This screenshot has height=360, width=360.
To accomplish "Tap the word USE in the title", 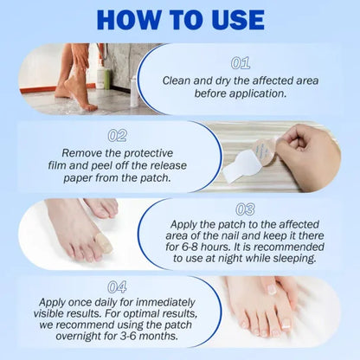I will click(246, 20).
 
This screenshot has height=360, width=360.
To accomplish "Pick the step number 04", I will click(118, 286).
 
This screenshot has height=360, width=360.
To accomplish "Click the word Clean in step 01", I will click(180, 80).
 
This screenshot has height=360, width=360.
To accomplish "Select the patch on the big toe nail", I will click(103, 245).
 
